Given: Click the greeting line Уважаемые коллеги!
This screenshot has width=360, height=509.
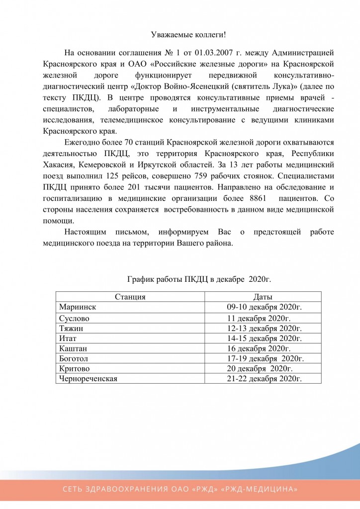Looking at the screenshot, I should click(x=188, y=35).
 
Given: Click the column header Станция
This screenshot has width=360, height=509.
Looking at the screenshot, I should click(x=130, y=297).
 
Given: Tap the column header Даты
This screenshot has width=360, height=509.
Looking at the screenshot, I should click(x=262, y=297).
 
